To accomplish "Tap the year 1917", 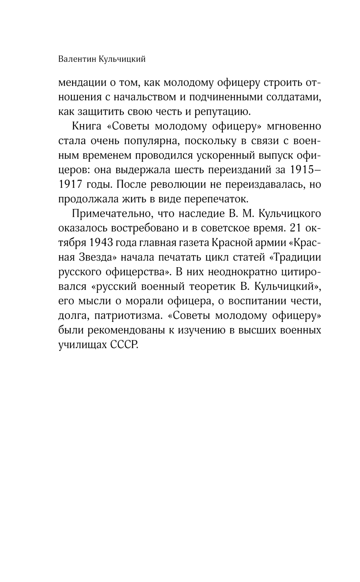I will pyautogui.click(x=71, y=185).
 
